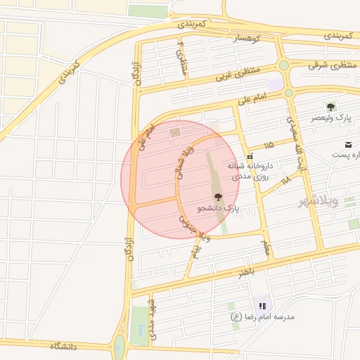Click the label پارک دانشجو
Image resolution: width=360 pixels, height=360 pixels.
(218, 209)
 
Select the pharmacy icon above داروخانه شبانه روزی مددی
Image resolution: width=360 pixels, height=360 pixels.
(250, 155)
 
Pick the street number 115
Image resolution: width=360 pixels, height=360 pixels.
(269, 145)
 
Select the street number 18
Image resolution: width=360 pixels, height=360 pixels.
(285, 181)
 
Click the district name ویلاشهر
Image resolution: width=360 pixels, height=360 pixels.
(318, 201)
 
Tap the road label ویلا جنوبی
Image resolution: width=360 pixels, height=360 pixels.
(186, 223)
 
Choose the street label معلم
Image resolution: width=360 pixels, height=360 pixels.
(265, 247)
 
